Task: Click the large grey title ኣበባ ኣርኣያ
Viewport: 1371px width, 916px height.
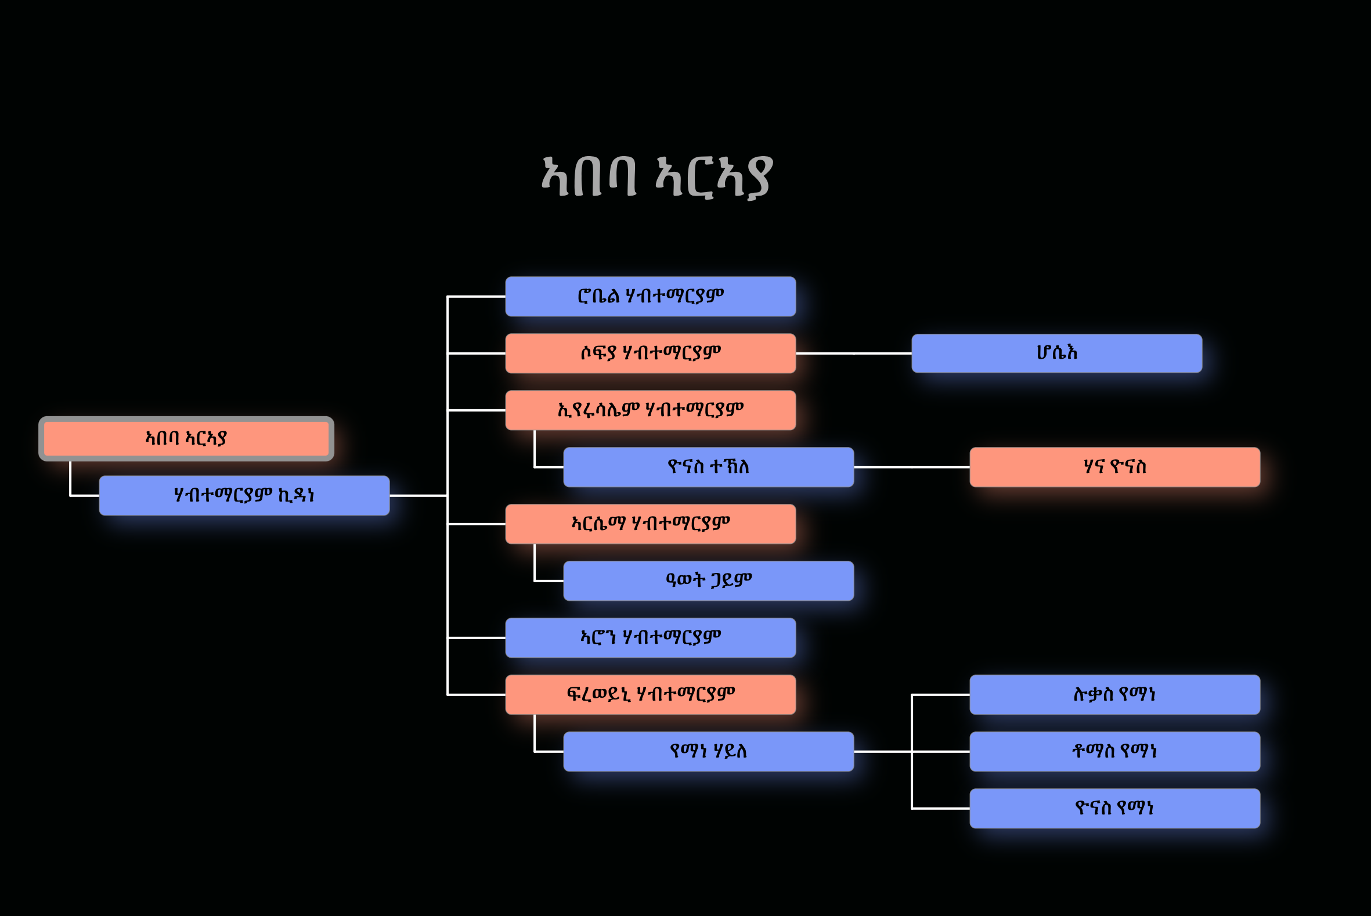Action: pyautogui.click(x=656, y=176)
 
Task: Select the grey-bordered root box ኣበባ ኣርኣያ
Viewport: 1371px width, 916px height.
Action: pyautogui.click(x=186, y=439)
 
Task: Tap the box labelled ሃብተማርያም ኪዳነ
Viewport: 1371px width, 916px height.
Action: pyautogui.click(x=244, y=495)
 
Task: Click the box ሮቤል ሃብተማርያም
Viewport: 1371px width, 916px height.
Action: pyautogui.click(x=650, y=296)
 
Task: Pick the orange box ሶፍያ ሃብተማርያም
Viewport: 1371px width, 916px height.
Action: pyautogui.click(x=650, y=354)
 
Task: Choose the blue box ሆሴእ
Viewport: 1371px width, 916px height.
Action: pyautogui.click(x=1056, y=354)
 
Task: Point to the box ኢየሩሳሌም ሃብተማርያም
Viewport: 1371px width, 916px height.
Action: pyautogui.click(x=650, y=410)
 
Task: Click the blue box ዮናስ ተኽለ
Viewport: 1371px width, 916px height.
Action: pyautogui.click(x=708, y=467)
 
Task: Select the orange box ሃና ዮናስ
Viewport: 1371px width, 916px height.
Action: pyautogui.click(x=1114, y=467)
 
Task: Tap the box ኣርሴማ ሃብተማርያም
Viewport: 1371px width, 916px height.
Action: pyautogui.click(x=650, y=524)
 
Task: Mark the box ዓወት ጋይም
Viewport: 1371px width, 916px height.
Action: pyautogui.click(x=708, y=580)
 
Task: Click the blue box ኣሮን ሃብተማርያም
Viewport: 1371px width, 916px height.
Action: pyautogui.click(x=650, y=637)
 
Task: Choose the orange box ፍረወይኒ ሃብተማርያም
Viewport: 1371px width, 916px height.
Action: pyautogui.click(x=650, y=695)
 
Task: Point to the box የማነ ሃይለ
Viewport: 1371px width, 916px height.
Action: pyautogui.click(x=708, y=751)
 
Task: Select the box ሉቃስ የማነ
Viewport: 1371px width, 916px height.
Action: pyautogui.click(x=1114, y=695)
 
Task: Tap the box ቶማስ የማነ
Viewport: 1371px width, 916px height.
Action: pyautogui.click(x=1114, y=751)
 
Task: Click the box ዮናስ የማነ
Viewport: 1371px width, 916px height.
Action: pyautogui.click(x=1114, y=808)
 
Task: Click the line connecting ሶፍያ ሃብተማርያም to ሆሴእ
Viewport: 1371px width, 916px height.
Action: pyautogui.click(x=853, y=354)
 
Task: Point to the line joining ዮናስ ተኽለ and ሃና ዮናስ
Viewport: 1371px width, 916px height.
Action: pyautogui.click(x=911, y=467)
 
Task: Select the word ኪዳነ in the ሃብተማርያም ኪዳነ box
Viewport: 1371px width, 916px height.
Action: pyautogui.click(x=296, y=496)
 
